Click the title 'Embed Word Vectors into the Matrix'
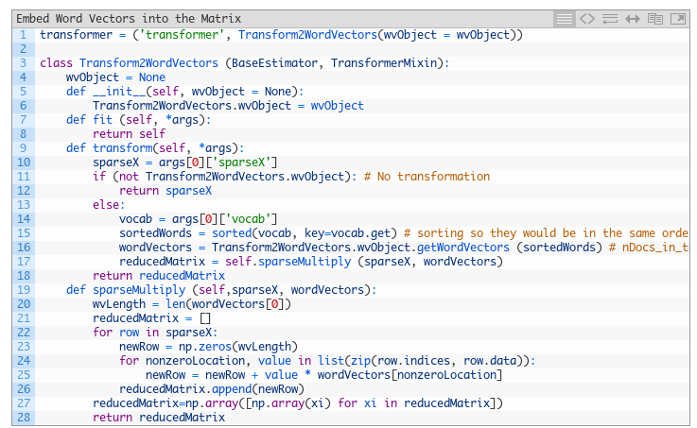pos(129,19)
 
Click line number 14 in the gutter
pos(24,219)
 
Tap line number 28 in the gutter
pos(24,418)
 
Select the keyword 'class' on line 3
pos(56,63)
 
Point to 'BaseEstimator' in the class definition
pos(274,63)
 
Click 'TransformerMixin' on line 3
pos(384,63)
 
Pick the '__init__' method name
pos(119,92)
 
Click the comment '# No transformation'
pos(427,177)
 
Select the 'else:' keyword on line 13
pos(109,205)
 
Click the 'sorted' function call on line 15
pos(232,233)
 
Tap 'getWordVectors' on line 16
pos(463,248)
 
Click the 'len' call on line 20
pos(176,304)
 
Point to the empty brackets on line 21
pos(205,318)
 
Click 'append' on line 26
pos(232,389)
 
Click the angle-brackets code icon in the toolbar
pos(587,19)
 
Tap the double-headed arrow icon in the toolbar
pos(633,19)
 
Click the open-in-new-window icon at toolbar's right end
pos(678,19)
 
